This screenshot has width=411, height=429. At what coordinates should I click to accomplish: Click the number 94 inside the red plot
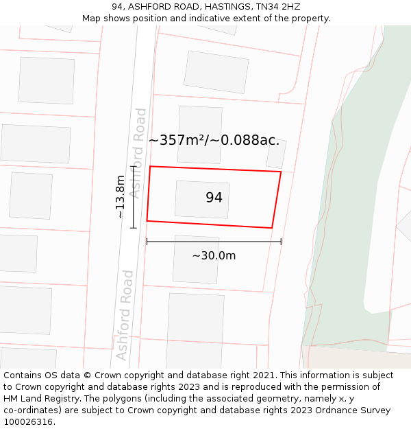point(214,198)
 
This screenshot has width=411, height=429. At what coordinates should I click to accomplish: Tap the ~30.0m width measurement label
point(214,256)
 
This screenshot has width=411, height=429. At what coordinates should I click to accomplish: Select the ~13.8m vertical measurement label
point(121,197)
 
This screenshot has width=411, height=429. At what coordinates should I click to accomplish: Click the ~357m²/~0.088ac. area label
point(214,140)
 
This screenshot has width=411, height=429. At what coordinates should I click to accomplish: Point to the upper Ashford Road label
point(140,153)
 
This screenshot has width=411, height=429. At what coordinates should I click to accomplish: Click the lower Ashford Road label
point(125,315)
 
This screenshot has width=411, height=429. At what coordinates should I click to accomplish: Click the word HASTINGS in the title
point(225,7)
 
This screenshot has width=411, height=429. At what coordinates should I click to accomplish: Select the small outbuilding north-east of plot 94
point(276,154)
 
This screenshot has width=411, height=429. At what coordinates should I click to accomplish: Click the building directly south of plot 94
point(196,259)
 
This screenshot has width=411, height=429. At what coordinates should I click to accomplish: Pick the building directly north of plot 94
point(200,135)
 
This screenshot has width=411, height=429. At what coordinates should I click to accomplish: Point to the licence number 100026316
point(29,421)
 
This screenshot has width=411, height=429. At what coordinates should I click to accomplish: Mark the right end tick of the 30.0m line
point(281,241)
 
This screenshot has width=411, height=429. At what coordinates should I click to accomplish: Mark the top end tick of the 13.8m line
point(134,166)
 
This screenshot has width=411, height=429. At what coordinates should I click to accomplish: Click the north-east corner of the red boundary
point(280,172)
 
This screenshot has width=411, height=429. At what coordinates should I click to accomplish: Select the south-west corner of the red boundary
point(147,221)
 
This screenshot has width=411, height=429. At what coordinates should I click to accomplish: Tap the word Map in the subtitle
point(92,19)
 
